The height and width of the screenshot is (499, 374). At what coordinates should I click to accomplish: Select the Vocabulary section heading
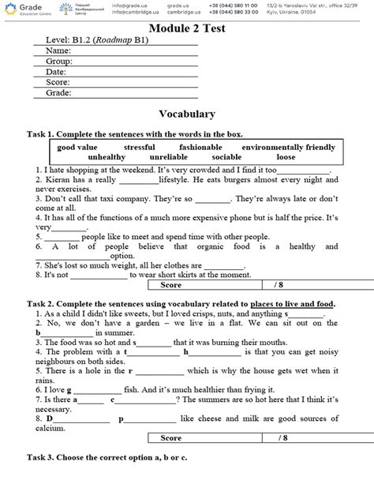coord(187,114)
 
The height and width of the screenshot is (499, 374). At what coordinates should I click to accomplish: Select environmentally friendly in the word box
coord(289,148)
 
